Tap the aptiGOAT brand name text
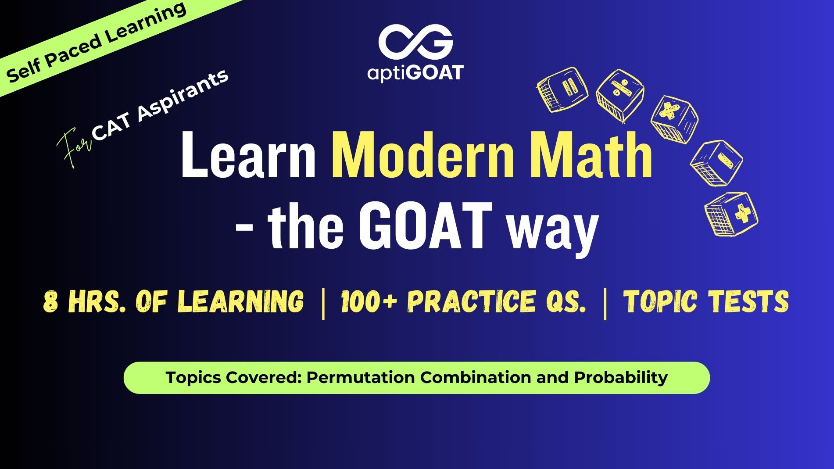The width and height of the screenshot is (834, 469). pos(415,73)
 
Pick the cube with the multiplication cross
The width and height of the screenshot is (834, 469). pos(674,119)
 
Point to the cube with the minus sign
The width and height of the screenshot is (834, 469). pos(716,163)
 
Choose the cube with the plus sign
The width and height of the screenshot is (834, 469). pos(731,214)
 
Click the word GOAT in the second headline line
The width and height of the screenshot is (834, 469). pos(425,226)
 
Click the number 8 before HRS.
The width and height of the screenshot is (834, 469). pos(50,301)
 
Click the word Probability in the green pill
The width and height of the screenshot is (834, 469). pos(621,378)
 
